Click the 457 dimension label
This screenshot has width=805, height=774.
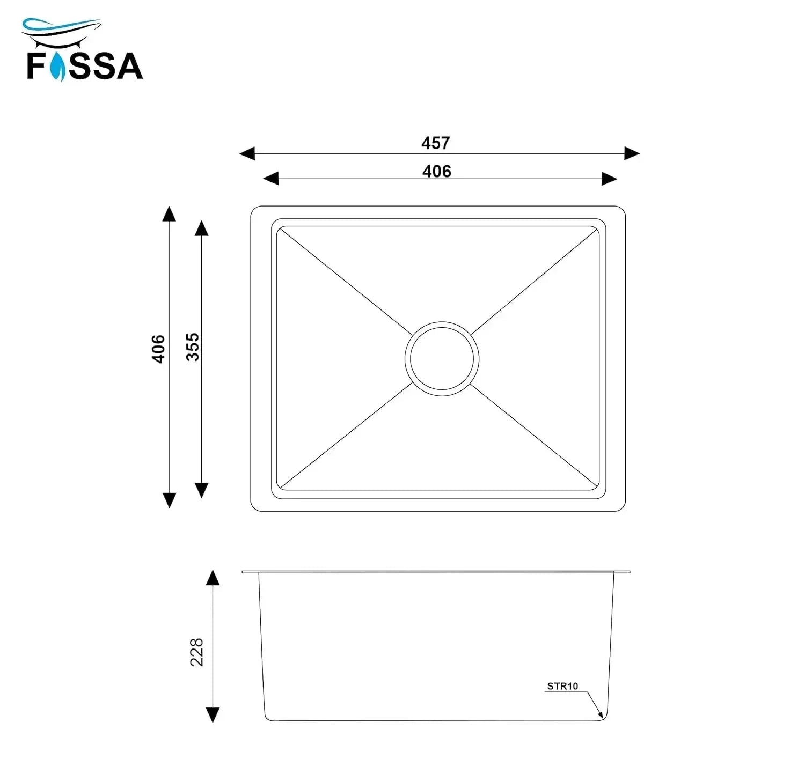[435, 143]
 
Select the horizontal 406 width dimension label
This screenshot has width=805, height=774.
[436, 171]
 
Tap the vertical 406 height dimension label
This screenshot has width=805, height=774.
[158, 349]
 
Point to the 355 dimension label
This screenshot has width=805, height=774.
[193, 347]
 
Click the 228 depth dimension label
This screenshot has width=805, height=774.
[197, 652]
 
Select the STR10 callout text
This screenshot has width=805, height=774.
[562, 686]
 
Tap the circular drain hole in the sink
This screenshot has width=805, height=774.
[441, 358]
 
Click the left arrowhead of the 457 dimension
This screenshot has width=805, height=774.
[247, 153]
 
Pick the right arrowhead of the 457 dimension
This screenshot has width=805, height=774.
[632, 153]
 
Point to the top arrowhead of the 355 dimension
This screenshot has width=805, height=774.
[201, 228]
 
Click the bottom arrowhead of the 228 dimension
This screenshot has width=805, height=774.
[213, 715]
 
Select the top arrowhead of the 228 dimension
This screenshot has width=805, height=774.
[213, 577]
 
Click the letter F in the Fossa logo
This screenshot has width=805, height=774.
[36, 66]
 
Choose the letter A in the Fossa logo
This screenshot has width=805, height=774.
[129, 66]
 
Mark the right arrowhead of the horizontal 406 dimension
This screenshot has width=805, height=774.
[609, 179]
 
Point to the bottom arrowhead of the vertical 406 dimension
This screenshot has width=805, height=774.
[169, 500]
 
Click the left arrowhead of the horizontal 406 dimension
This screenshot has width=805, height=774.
[270, 179]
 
